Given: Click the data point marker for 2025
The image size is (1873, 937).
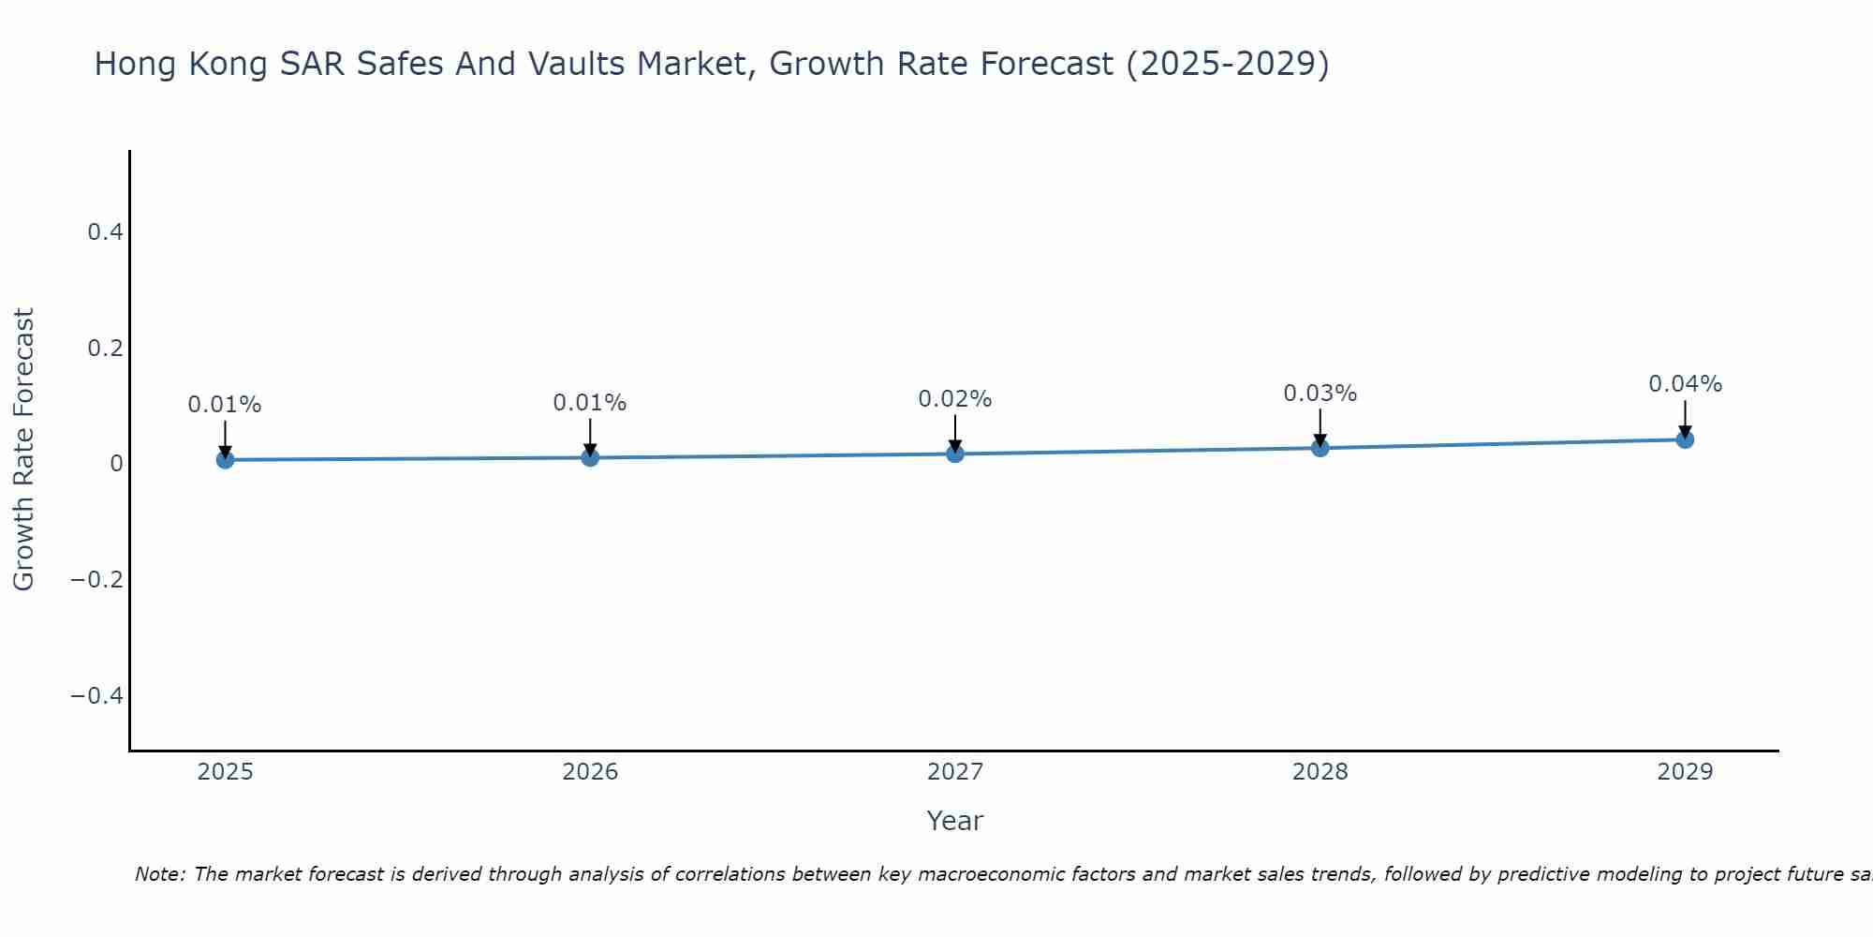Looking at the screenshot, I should [x=225, y=459].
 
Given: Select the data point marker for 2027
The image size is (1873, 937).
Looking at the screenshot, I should [x=955, y=454].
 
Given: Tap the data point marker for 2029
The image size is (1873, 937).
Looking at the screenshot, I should [x=1685, y=439].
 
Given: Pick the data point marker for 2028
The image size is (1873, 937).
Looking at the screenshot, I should [x=1320, y=448].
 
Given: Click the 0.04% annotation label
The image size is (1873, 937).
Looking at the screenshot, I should [x=1685, y=384].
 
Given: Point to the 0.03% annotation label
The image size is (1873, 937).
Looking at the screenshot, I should [x=1320, y=394].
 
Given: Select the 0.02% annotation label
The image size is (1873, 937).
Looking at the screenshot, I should [x=954, y=399].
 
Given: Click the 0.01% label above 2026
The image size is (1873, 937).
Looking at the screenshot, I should [x=589, y=403].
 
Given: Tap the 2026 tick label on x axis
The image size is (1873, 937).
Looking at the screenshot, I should [x=590, y=772].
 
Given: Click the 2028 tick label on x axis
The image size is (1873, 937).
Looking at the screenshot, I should [x=1320, y=772].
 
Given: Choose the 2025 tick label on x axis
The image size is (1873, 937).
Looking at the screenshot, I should [x=226, y=772].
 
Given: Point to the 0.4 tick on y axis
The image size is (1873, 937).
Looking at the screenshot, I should [x=106, y=232].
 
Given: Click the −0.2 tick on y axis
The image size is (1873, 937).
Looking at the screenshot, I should [x=97, y=580].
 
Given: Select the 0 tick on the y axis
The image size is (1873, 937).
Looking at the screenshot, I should [x=116, y=464].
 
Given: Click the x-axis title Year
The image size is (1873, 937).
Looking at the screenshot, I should [x=954, y=821].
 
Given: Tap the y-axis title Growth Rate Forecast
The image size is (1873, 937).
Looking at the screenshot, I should [x=23, y=450].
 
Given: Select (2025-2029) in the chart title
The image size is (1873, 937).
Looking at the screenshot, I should [x=1227, y=64].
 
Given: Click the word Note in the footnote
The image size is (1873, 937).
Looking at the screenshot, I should [x=160, y=874].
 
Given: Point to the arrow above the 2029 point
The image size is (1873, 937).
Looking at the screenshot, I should [x=1685, y=418].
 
